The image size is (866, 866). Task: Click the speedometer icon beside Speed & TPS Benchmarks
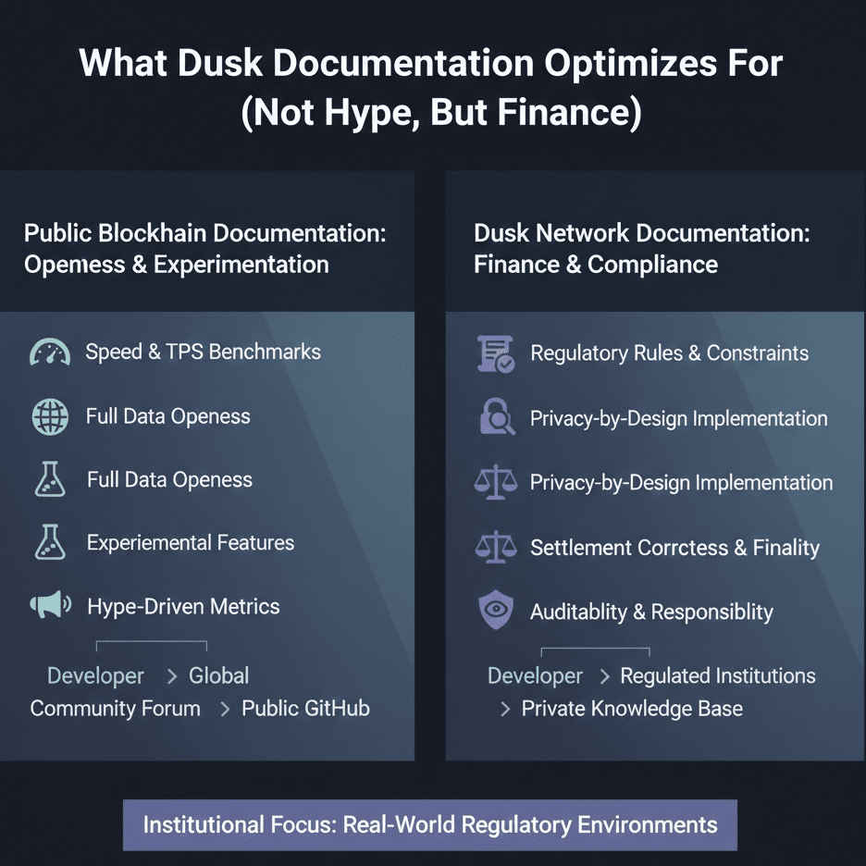click(x=50, y=353)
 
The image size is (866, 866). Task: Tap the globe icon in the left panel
click(x=50, y=416)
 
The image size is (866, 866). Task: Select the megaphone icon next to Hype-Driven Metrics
click(x=50, y=606)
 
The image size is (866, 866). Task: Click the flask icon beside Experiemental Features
click(x=50, y=543)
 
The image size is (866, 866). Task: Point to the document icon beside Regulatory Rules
click(x=495, y=353)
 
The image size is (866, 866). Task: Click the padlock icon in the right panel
click(x=497, y=418)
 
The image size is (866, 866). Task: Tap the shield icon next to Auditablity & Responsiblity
click(x=495, y=612)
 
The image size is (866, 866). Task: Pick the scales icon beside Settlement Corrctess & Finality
click(x=495, y=548)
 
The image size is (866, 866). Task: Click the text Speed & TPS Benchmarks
click(x=203, y=352)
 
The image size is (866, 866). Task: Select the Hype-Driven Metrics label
click(x=183, y=607)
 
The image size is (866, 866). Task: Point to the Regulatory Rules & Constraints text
click(x=669, y=353)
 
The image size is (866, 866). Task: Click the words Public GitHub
click(x=305, y=709)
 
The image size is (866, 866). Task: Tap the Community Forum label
click(x=115, y=709)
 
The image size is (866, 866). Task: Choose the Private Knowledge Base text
click(x=632, y=709)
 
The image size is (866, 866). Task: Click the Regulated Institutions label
click(x=718, y=676)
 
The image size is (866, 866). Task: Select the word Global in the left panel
click(x=218, y=676)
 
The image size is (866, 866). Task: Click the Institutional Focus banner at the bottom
click(x=430, y=824)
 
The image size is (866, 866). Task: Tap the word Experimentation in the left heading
click(x=241, y=265)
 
